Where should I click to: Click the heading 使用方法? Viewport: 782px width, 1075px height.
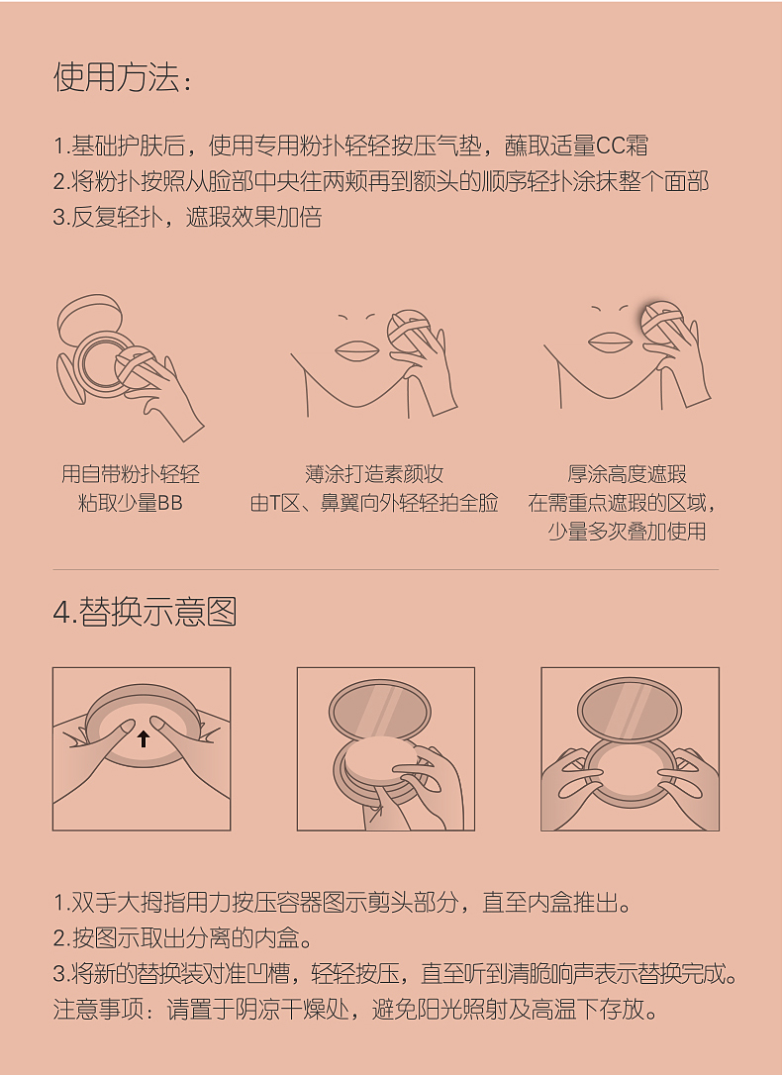pos(121,77)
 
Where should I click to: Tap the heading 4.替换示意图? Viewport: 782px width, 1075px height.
pos(145,612)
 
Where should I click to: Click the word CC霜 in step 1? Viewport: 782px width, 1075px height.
pos(624,147)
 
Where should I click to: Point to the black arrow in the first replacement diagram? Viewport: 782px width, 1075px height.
pos(144,737)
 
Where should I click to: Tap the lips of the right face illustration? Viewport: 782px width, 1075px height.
pos(610,342)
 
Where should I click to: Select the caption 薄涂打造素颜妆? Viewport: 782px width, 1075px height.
pos(374,474)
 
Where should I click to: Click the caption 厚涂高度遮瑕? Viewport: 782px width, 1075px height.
pos(627,474)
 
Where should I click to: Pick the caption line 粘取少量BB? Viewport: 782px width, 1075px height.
pos(131,503)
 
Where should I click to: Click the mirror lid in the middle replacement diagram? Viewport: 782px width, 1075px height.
pos(380,708)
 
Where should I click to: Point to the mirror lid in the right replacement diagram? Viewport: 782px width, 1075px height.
pos(630,706)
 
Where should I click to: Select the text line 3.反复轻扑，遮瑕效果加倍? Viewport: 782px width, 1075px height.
pos(187,218)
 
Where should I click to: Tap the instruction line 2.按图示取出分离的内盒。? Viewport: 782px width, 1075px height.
pos(183,938)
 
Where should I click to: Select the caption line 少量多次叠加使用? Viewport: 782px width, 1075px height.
pos(627,532)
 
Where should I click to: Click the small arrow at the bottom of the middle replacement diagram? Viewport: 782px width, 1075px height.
pos(375,813)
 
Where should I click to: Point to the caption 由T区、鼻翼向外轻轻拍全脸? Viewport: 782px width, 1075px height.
pos(374,503)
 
